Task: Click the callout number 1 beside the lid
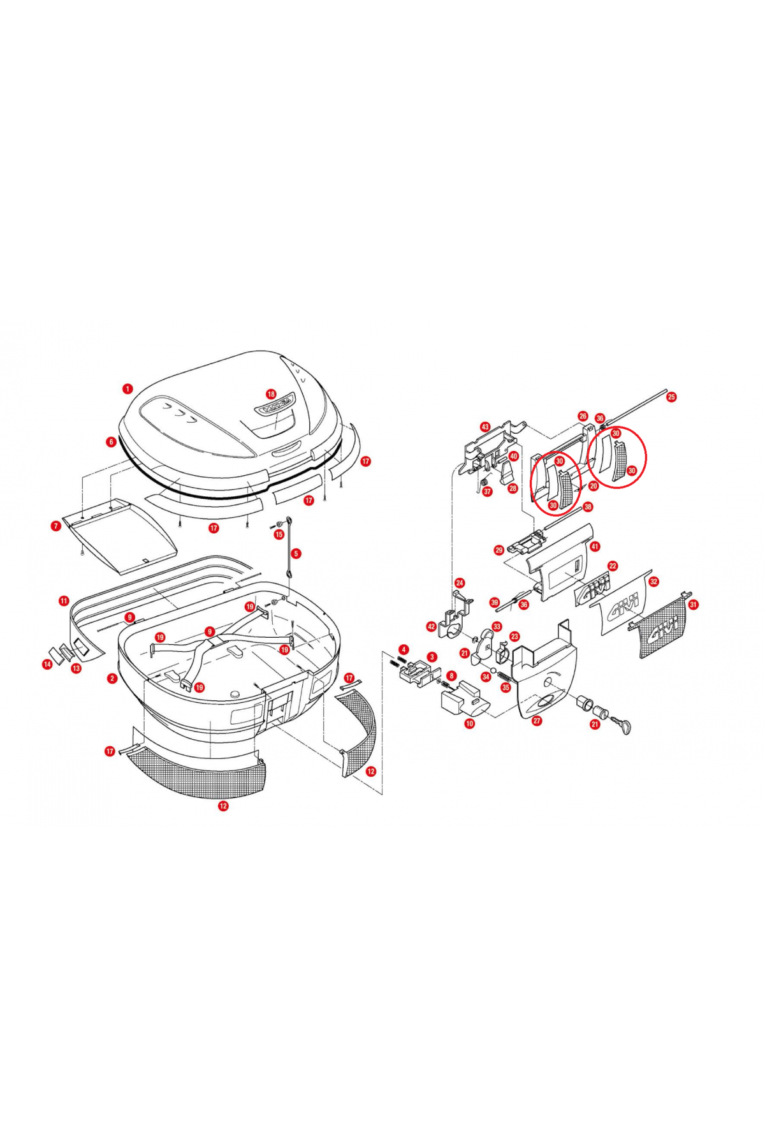(127, 388)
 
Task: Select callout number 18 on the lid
(271, 394)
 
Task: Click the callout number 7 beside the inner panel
(56, 526)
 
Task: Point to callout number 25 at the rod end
(671, 397)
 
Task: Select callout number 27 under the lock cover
(537, 721)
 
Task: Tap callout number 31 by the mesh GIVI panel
(693, 604)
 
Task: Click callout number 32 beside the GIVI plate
(653, 582)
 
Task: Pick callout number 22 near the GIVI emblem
(613, 566)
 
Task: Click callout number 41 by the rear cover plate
(595, 547)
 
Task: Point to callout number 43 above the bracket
(484, 427)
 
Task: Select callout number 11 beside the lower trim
(64, 601)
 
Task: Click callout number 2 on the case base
(112, 678)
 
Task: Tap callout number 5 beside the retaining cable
(296, 554)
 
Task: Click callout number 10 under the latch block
(470, 723)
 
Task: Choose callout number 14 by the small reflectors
(47, 665)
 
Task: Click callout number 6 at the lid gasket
(111, 441)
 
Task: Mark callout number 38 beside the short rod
(587, 507)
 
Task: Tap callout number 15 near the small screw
(279, 534)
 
